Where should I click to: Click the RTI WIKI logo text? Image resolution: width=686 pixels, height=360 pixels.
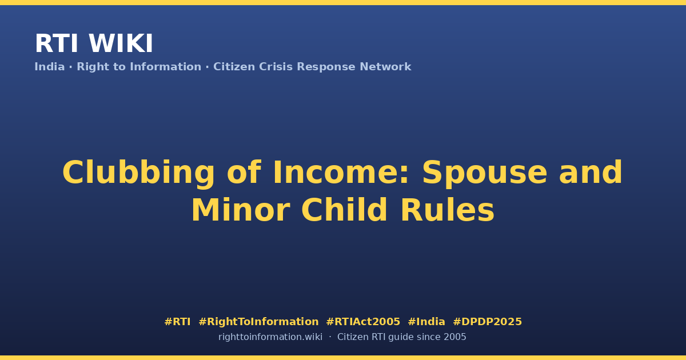coord(94,43)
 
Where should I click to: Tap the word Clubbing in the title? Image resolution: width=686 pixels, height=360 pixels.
coord(138,173)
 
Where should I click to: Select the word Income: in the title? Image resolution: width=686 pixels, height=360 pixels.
coord(341,173)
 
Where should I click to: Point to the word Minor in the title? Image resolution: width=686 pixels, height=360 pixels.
coord(241,210)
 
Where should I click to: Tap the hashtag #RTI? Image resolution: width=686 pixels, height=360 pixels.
coord(177,321)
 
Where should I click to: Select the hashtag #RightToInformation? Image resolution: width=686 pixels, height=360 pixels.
coord(258,321)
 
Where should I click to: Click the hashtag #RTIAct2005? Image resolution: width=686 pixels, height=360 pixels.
coord(363,321)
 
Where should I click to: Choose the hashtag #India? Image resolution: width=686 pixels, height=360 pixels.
coord(426,321)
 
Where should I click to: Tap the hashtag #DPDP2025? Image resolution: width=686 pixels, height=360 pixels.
coord(487,321)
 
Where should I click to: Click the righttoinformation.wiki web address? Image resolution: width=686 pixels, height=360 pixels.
coord(270,337)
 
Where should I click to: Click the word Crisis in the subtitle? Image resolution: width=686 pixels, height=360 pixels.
coord(276,67)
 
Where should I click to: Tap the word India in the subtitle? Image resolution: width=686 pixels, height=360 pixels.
coord(50,67)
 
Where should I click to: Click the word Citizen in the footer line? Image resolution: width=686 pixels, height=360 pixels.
coord(353,337)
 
